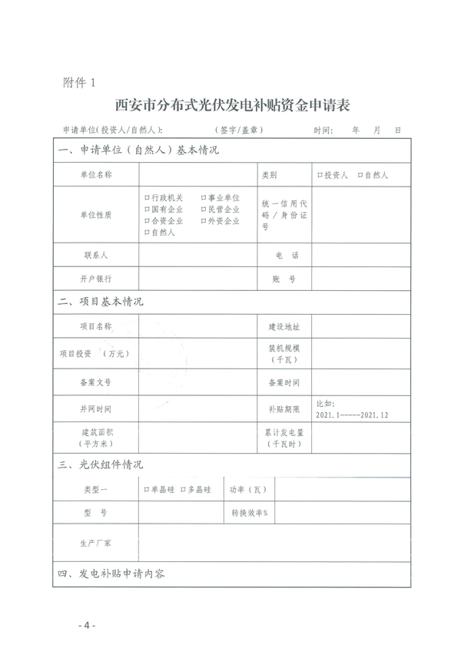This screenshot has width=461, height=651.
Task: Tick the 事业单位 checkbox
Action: pyautogui.click(x=204, y=198)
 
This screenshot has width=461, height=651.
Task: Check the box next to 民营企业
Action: pyautogui.click(x=204, y=210)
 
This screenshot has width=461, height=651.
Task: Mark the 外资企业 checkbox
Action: pyautogui.click(x=204, y=221)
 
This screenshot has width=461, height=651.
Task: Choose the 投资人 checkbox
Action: pyautogui.click(x=320, y=176)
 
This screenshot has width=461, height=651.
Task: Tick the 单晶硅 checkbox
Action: pyautogui.click(x=146, y=489)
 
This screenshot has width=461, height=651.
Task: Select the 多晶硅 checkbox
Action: pyautogui.click(x=183, y=489)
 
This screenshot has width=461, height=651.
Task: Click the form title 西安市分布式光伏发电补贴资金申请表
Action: pyautogui.click(x=231, y=104)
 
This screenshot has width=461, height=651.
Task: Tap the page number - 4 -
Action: pyautogui.click(x=86, y=626)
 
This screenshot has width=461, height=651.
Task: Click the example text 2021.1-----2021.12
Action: pyautogui.click(x=353, y=415)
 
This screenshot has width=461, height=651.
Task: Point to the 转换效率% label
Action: pyautogui.click(x=250, y=512)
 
